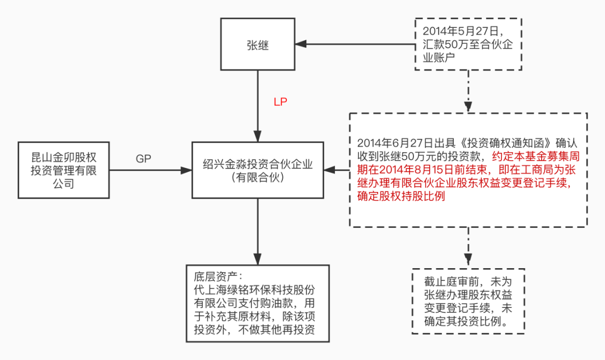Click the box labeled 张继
pos(257,45)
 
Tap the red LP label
pos(280,102)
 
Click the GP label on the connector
pos(144,158)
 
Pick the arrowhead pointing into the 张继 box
pos(300,45)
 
